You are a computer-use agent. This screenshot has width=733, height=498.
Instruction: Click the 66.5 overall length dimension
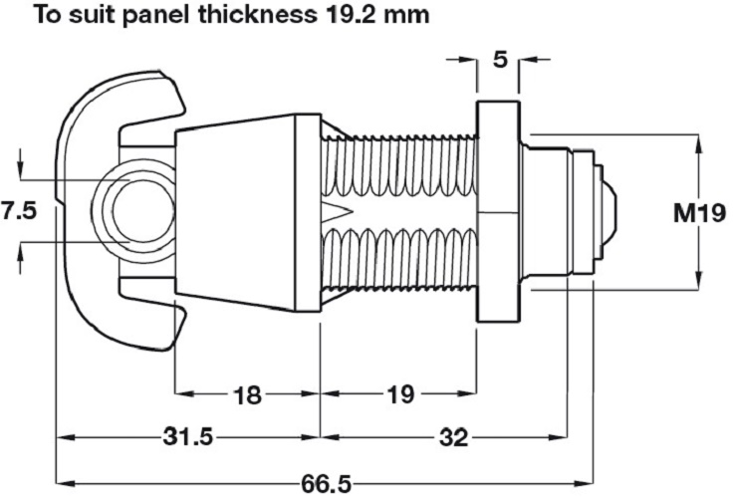[x=327, y=484]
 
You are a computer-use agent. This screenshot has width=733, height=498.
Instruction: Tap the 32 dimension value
[x=453, y=437]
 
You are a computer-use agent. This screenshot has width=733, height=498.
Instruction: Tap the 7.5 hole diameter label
[x=20, y=211]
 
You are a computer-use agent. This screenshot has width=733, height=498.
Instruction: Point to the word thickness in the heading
[x=253, y=16]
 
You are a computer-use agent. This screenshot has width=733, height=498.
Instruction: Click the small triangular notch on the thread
[x=334, y=212]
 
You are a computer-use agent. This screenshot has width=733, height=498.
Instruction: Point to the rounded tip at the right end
[x=610, y=212]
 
